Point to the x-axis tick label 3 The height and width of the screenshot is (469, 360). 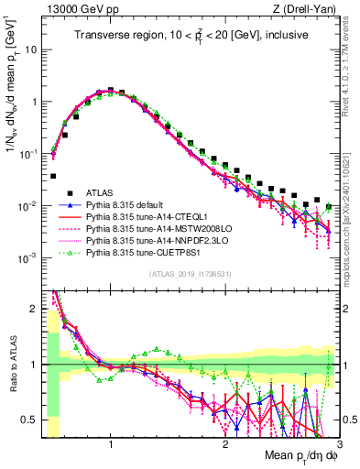339,444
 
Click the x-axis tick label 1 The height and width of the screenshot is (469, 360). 111,444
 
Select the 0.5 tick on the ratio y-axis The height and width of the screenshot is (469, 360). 31,420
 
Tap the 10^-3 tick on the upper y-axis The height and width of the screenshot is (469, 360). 27,258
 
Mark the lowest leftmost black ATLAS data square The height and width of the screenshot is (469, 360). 53,176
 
